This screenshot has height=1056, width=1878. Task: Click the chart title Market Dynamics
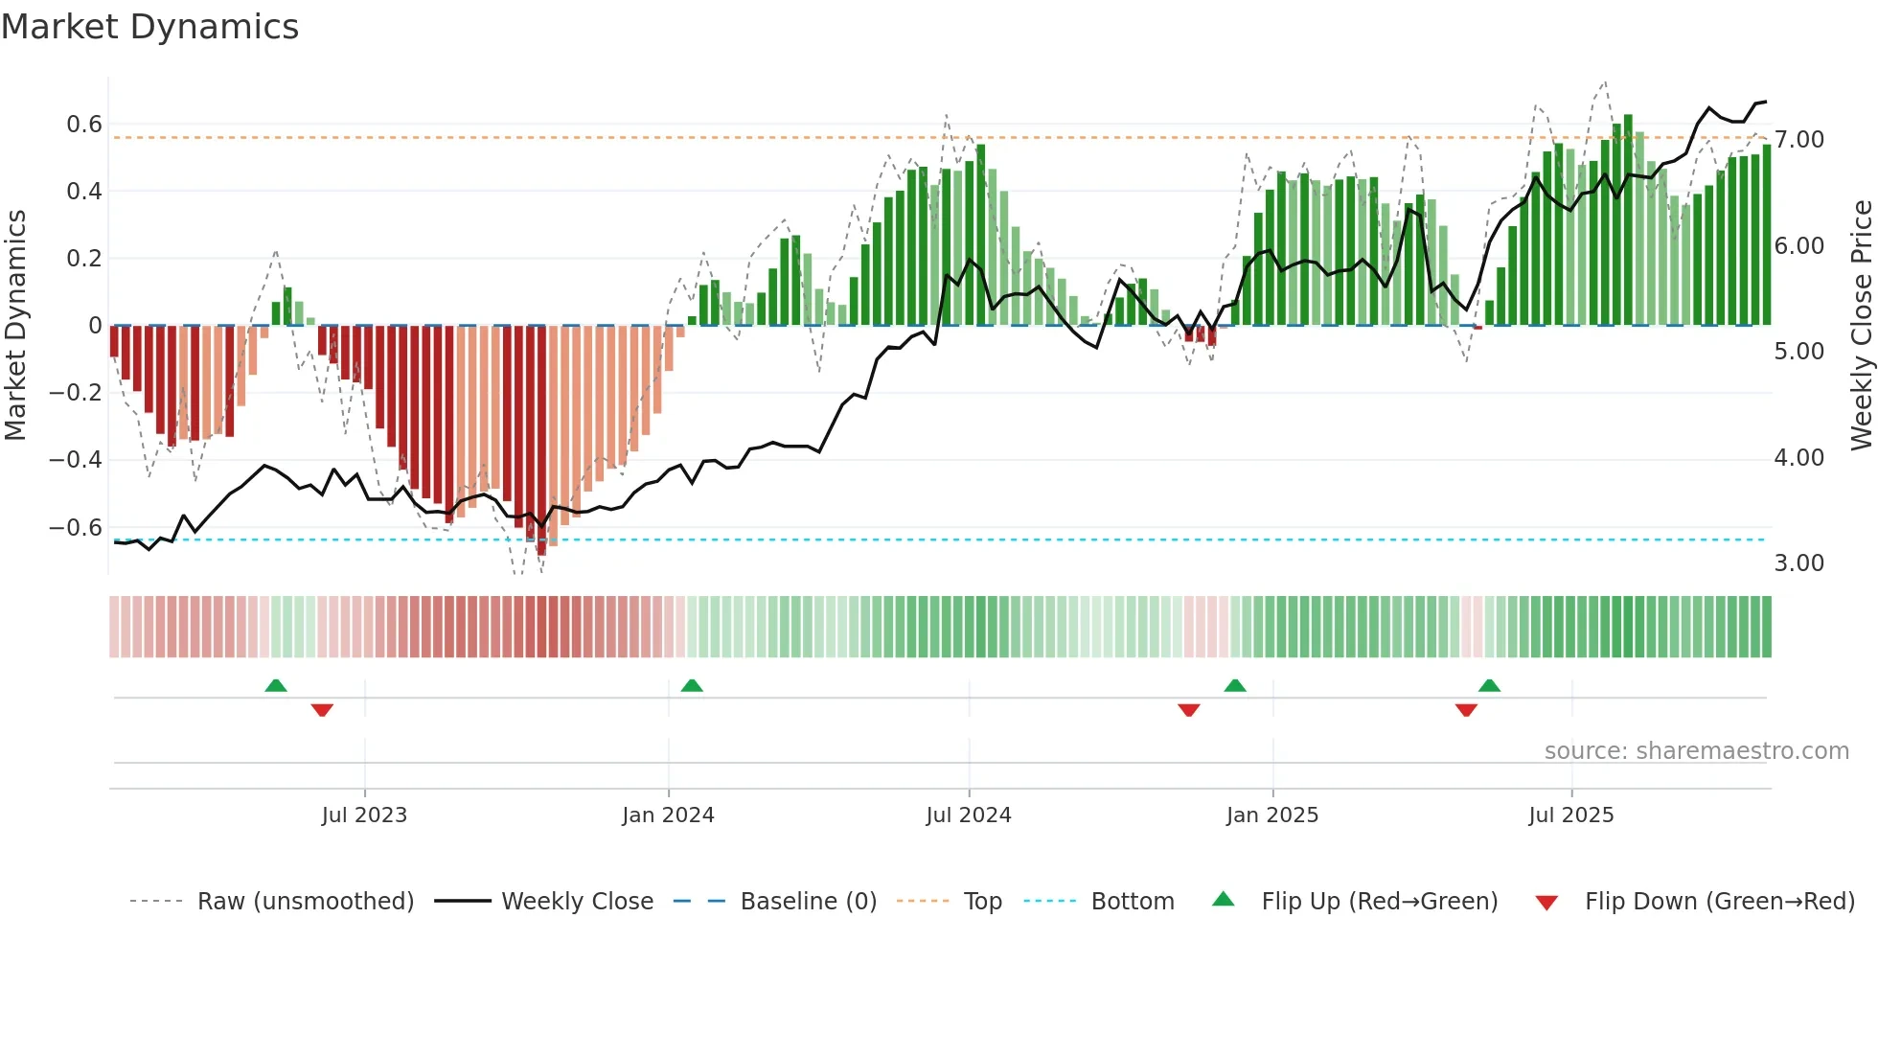tap(149, 27)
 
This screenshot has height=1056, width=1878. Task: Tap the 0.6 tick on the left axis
tap(84, 125)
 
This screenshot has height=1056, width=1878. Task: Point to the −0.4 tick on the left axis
tap(76, 460)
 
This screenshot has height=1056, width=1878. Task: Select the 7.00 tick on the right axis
tap(1798, 140)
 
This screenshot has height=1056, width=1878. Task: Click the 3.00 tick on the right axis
tap(1798, 563)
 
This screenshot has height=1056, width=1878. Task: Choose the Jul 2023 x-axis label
tap(364, 815)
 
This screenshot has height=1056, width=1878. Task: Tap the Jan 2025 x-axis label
tap(1271, 815)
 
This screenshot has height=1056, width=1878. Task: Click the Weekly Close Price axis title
tap(1861, 326)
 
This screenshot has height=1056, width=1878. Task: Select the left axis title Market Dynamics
tap(15, 326)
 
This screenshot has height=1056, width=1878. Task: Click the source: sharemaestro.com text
tap(1696, 751)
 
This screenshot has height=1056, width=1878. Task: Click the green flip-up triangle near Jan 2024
tap(692, 685)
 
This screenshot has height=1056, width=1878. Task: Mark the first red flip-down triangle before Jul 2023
tap(322, 710)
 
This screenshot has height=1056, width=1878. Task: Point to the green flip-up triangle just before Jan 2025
tap(1235, 685)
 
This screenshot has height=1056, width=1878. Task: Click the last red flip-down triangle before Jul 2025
tap(1466, 710)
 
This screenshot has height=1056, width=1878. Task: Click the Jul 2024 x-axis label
tap(968, 815)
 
